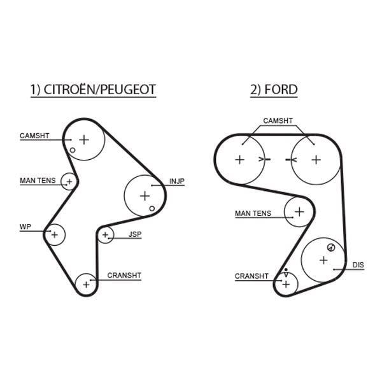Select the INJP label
point(177,181)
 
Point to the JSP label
point(135,234)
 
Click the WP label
point(25,227)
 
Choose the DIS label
point(358,265)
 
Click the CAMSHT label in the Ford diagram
point(278,120)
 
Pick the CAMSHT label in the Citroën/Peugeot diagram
point(34,136)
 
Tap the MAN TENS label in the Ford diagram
point(253,213)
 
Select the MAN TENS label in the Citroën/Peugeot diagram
point(38,181)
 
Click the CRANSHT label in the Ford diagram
point(251,276)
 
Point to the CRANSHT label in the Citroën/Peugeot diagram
point(124,275)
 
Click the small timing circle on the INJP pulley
point(152,209)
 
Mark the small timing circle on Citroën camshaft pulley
point(73,150)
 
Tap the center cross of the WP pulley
point(55,235)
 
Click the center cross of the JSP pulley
point(105,235)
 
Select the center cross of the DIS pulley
point(323,260)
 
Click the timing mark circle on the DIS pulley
point(331,248)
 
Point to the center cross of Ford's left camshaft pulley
point(240,160)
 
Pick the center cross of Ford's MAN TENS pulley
point(299,212)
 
